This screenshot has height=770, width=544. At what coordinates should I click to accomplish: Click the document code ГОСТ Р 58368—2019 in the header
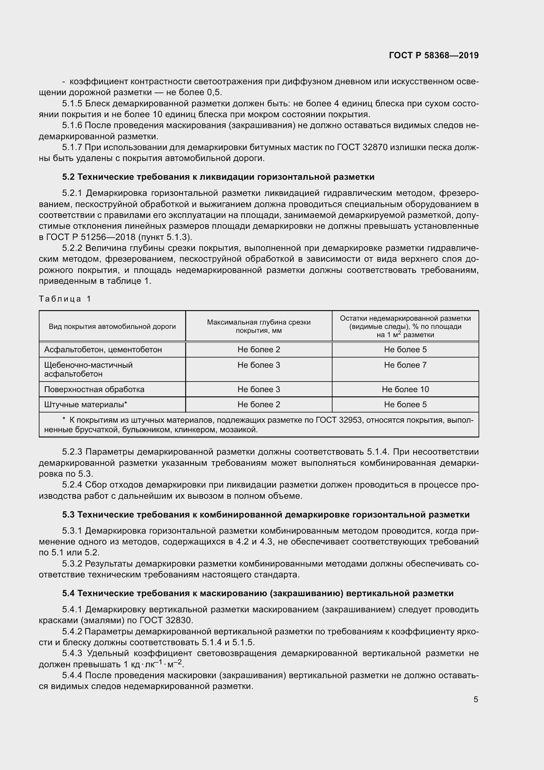pos(434,55)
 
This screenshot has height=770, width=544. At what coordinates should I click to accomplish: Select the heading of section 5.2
pos(218,177)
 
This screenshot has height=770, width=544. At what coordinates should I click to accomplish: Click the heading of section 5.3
pos(266,515)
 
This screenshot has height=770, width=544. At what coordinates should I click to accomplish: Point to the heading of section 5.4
pos(258,593)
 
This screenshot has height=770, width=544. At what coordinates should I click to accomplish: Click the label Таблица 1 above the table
pos(65,299)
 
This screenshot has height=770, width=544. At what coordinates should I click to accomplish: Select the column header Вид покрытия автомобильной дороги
pos(112,326)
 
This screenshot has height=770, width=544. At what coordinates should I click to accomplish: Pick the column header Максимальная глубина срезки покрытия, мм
pos(259,326)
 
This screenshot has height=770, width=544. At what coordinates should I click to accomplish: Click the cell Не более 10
pos(405,389)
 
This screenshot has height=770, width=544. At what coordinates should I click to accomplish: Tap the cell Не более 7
pos(405,365)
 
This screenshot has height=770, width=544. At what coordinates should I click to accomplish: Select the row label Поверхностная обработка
pos(94,389)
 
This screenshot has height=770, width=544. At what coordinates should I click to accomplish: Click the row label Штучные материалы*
pos(86,405)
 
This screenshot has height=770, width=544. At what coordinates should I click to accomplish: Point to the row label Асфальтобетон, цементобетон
pos(103,350)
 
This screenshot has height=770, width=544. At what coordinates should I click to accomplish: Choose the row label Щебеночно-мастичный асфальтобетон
pos(88,369)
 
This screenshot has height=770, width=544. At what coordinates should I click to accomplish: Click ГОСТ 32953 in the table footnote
pos(339,420)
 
